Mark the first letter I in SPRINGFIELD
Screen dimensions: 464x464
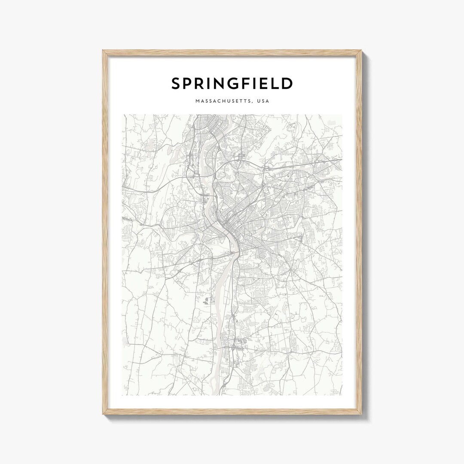212,84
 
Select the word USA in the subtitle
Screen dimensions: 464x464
263,101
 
